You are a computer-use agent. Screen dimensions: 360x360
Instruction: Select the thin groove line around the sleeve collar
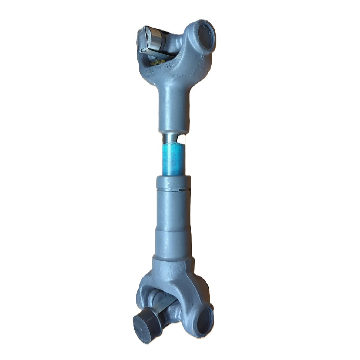(174, 188)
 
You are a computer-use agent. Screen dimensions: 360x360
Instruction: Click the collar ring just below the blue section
(174, 182)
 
